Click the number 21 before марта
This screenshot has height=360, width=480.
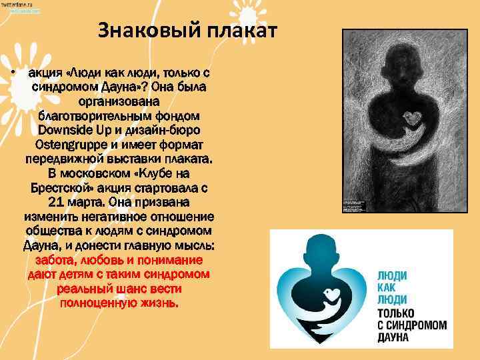click(59, 201)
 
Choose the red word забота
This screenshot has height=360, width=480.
click(57, 259)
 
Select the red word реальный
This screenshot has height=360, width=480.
click(83, 289)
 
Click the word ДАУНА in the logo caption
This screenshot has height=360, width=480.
click(393, 338)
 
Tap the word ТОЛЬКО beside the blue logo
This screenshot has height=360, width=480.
click(396, 313)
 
